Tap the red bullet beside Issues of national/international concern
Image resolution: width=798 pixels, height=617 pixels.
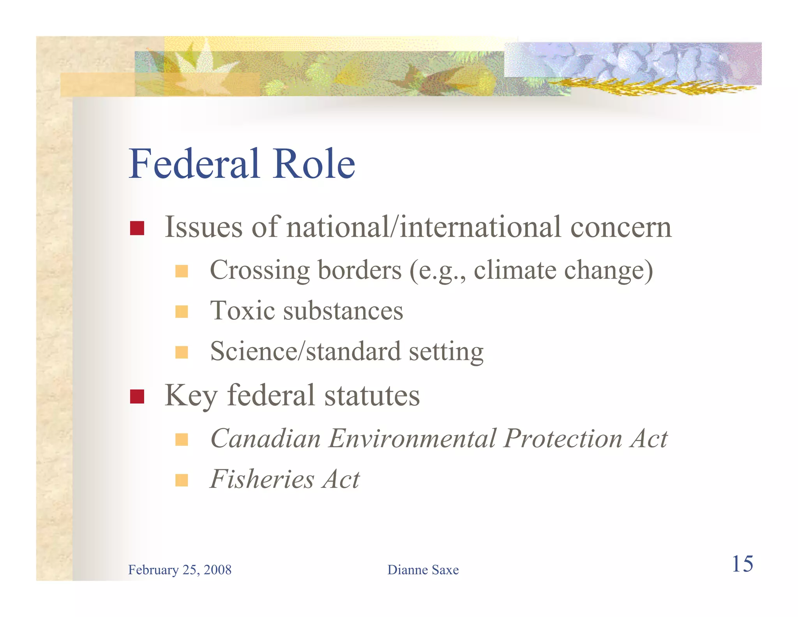click(137, 228)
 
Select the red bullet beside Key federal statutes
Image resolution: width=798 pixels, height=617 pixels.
click(137, 397)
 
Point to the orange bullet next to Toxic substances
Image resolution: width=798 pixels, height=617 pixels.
click(182, 312)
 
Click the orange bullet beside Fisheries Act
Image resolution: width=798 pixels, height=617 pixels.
click(182, 480)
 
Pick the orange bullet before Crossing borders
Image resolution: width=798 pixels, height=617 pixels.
click(182, 271)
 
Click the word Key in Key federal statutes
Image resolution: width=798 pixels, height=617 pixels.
click(191, 396)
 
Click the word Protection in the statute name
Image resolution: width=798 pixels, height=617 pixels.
click(563, 438)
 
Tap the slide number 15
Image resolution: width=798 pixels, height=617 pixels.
click(742, 564)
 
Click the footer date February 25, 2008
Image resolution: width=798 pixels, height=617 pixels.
click(180, 570)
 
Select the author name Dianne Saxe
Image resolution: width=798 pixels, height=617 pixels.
click(423, 570)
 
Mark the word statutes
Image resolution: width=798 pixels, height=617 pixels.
click(372, 395)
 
